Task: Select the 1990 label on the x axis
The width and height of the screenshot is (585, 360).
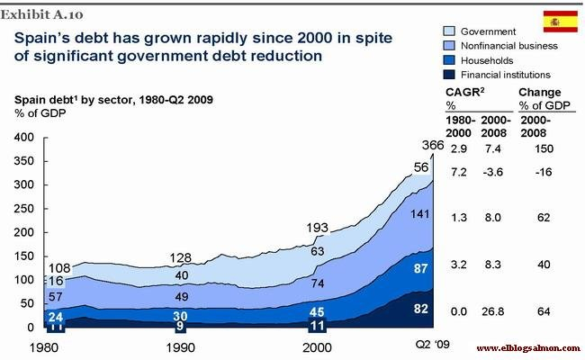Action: [x=181, y=347]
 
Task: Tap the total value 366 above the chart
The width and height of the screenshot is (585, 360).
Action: [x=433, y=146]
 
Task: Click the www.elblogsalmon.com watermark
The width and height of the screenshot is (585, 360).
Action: [x=526, y=348]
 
